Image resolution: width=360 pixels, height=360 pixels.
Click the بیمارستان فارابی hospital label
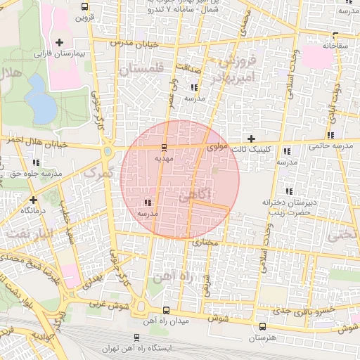[x=60, y=53]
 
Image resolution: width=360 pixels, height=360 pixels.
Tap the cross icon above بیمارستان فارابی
[x=60, y=43]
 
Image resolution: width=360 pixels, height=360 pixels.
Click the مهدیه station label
[x=164, y=158]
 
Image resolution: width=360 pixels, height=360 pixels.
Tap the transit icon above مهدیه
[x=164, y=148]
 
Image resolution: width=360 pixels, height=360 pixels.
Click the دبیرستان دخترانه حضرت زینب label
[x=287, y=206]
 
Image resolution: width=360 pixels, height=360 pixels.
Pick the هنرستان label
[x=262, y=337]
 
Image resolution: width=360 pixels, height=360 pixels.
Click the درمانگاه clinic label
[x=33, y=210]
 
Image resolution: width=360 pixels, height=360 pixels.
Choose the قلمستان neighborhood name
[x=141, y=70]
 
